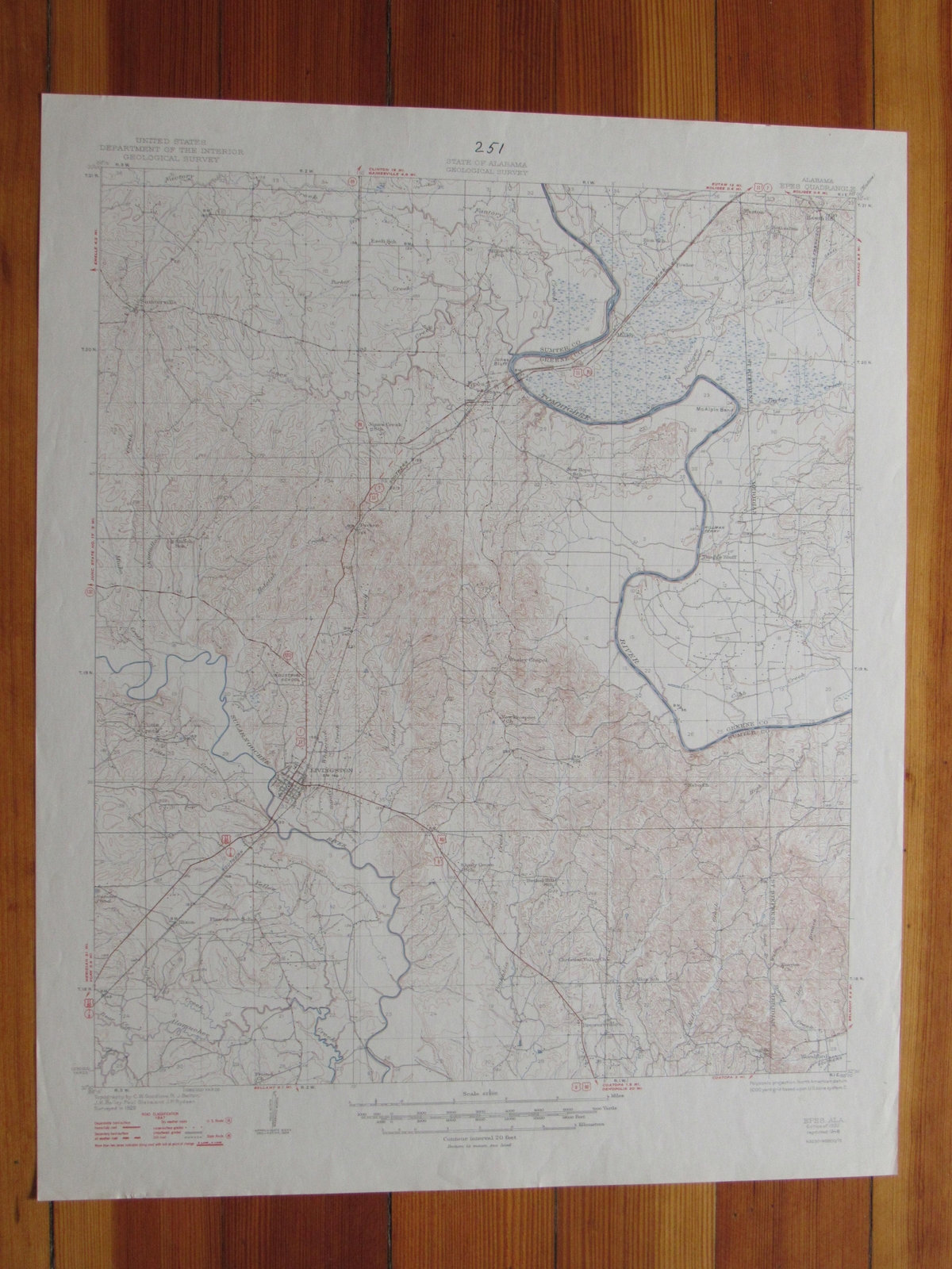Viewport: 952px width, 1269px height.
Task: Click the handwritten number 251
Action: [491, 147]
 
